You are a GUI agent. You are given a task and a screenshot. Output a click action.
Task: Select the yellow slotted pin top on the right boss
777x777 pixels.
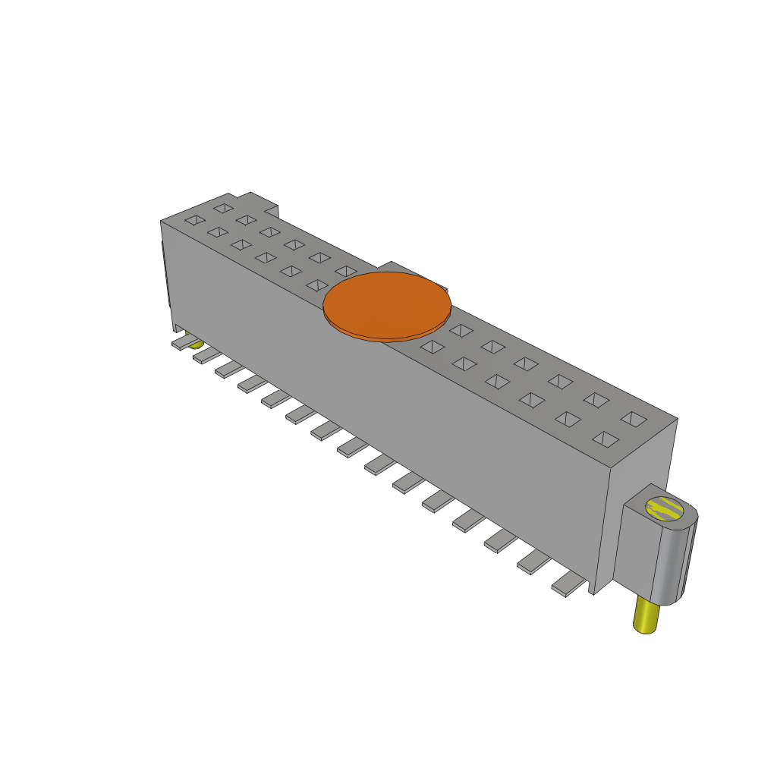(662, 508)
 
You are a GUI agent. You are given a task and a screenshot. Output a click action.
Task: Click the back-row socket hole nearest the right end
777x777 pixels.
(634, 418)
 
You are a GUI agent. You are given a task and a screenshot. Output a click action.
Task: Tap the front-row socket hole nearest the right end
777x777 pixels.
(605, 439)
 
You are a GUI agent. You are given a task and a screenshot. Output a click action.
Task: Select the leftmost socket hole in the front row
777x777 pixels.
(195, 221)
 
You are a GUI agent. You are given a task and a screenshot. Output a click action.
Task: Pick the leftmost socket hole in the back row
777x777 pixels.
(223, 207)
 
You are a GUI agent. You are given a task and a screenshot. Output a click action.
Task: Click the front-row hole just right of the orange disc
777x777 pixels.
(432, 347)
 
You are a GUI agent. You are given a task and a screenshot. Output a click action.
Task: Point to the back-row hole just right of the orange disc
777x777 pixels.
(460, 330)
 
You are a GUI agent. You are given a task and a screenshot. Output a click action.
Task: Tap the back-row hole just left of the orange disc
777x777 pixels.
(346, 271)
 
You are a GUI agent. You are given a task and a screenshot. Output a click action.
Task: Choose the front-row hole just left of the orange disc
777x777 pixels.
(316, 285)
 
